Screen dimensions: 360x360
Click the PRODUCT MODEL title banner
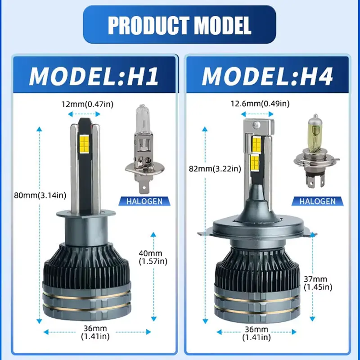pyautogui.click(x=179, y=25)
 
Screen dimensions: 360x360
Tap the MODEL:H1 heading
pyautogui.click(x=94, y=76)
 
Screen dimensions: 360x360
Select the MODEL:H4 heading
pyautogui.click(x=267, y=76)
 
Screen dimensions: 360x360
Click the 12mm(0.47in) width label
pyautogui.click(x=87, y=104)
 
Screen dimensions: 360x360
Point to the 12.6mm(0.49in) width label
pyautogui.click(x=260, y=104)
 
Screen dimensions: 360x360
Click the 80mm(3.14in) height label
pyautogui.click(x=40, y=195)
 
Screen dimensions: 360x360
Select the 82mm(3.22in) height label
pyautogui.click(x=215, y=169)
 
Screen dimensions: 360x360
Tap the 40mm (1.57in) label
pyautogui.click(x=153, y=257)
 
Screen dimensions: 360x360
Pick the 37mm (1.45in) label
pyautogui.click(x=318, y=283)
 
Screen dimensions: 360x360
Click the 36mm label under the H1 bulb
pyautogui.click(x=95, y=332)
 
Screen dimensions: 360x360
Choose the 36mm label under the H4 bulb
pyautogui.click(x=256, y=333)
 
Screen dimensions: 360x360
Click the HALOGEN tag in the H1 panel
pyautogui.click(x=144, y=201)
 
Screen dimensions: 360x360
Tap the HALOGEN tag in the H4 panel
pyautogui.click(x=318, y=201)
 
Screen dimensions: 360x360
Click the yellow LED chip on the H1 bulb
pyautogui.click(x=85, y=141)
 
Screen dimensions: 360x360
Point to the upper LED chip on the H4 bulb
pyautogui.click(x=256, y=144)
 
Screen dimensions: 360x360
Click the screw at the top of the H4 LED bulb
pyautogui.click(x=256, y=125)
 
